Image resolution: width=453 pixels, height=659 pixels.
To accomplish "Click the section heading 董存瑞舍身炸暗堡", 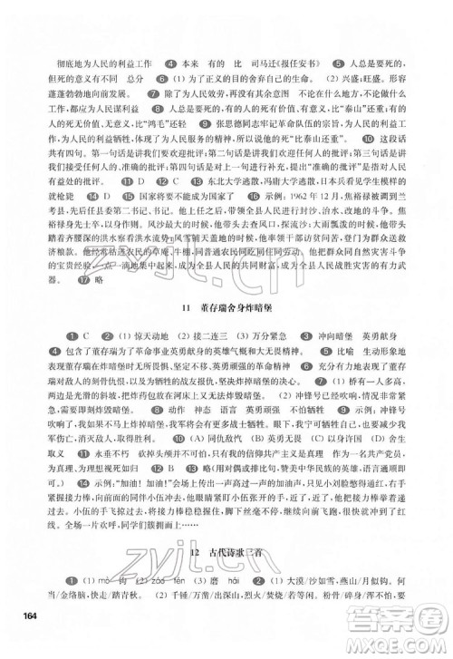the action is (x=240, y=308).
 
